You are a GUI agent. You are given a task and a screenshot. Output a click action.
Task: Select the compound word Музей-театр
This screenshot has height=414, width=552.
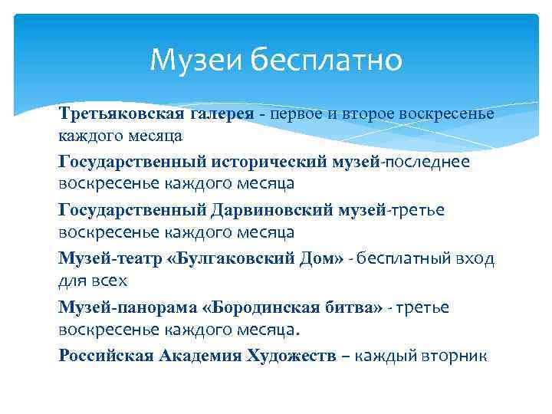(107, 258)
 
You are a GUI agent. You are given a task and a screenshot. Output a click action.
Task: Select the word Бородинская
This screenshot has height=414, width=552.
(248, 307)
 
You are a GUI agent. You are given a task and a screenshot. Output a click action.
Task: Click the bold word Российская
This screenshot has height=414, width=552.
(105, 355)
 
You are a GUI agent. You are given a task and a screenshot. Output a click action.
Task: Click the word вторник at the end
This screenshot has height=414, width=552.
(453, 355)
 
